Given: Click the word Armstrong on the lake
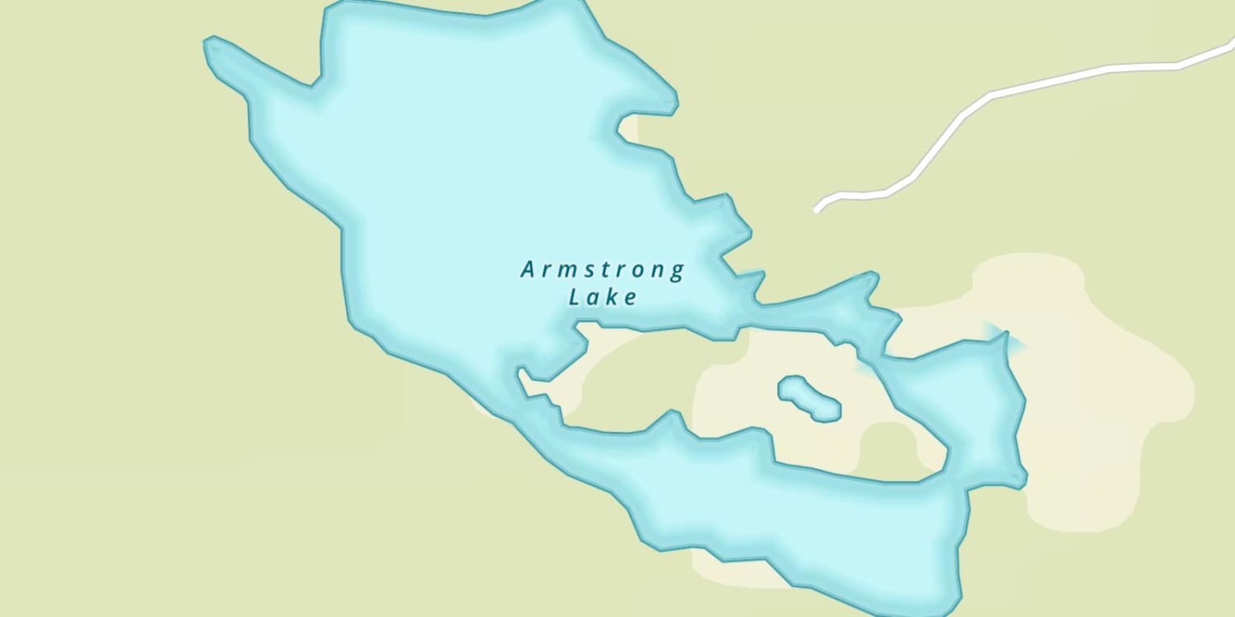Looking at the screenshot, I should click(602, 270).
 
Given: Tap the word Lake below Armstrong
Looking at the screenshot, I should click(603, 297).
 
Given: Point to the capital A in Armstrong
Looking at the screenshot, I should click(529, 269).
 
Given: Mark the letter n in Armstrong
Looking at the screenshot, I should click(659, 271).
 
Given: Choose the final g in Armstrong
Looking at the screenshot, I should click(677, 272).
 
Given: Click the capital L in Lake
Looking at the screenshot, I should click(575, 297).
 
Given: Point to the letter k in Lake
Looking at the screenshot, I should click(612, 297).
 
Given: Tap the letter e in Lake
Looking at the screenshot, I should click(631, 298).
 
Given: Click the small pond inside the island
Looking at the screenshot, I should click(809, 398).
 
